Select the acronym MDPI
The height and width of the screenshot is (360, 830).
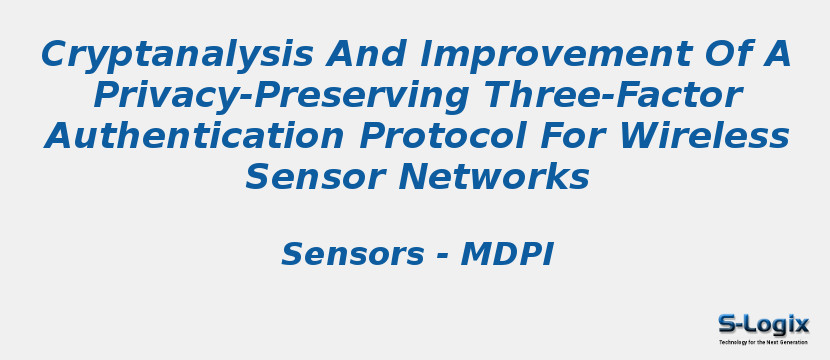click(x=507, y=255)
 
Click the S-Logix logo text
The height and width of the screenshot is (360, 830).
click(x=763, y=324)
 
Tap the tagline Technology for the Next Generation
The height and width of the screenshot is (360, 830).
click(x=763, y=342)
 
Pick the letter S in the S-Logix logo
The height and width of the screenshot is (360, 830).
click(x=726, y=324)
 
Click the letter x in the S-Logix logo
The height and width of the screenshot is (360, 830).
click(x=802, y=324)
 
